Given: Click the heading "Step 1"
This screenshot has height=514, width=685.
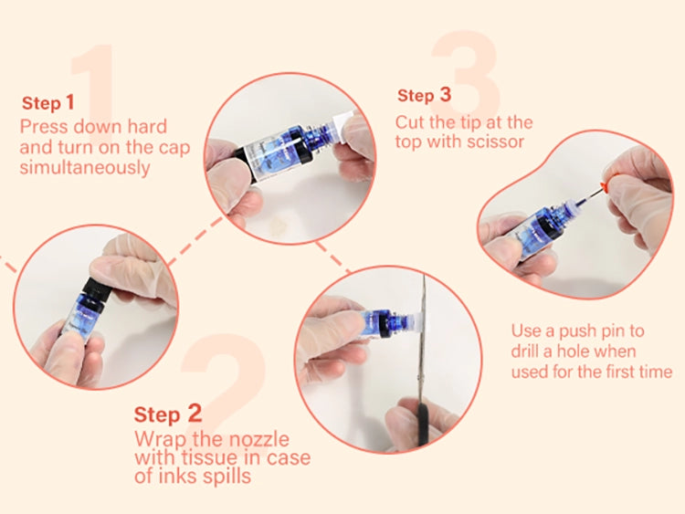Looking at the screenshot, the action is (x=48, y=103).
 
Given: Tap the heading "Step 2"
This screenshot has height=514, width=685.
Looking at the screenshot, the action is (x=168, y=414).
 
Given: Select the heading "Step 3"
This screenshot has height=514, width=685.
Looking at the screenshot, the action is (x=424, y=95).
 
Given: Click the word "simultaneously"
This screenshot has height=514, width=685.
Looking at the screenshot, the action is (x=85, y=168).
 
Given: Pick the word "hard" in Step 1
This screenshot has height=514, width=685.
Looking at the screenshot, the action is (x=147, y=127).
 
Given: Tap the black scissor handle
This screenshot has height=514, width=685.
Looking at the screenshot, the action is (x=423, y=425).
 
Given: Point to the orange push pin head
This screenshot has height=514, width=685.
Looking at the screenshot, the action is (x=605, y=186).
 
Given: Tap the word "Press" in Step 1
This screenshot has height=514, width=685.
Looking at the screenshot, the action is (x=43, y=127).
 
